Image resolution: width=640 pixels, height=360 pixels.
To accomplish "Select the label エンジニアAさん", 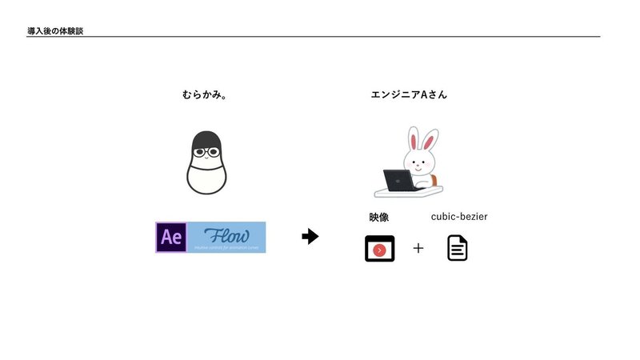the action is click(x=409, y=94).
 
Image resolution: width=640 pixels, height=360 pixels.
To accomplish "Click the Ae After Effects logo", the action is click(x=171, y=237).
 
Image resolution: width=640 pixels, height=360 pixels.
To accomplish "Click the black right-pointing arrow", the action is click(x=310, y=237).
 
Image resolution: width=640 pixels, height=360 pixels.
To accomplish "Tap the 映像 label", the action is click(x=379, y=217).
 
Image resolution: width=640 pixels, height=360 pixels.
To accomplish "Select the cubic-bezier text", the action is click(x=459, y=217).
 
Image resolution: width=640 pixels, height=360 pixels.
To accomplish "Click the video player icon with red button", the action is click(x=380, y=249).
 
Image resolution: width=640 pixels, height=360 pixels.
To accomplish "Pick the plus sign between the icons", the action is click(x=418, y=249).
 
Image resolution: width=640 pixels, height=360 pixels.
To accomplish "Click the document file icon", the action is click(x=458, y=249).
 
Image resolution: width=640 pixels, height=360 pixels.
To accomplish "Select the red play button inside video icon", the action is click(x=380, y=250).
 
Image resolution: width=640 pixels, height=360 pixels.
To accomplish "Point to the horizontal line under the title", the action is click(x=320, y=37).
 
